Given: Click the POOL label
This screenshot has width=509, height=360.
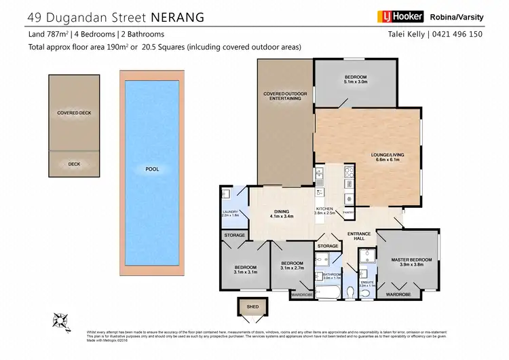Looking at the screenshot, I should point(152,168).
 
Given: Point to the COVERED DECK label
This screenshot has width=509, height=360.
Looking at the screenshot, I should point(74,113).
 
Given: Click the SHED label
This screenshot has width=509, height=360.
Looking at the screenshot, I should point(252,307).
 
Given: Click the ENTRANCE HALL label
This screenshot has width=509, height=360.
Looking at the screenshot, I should point(358,236).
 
